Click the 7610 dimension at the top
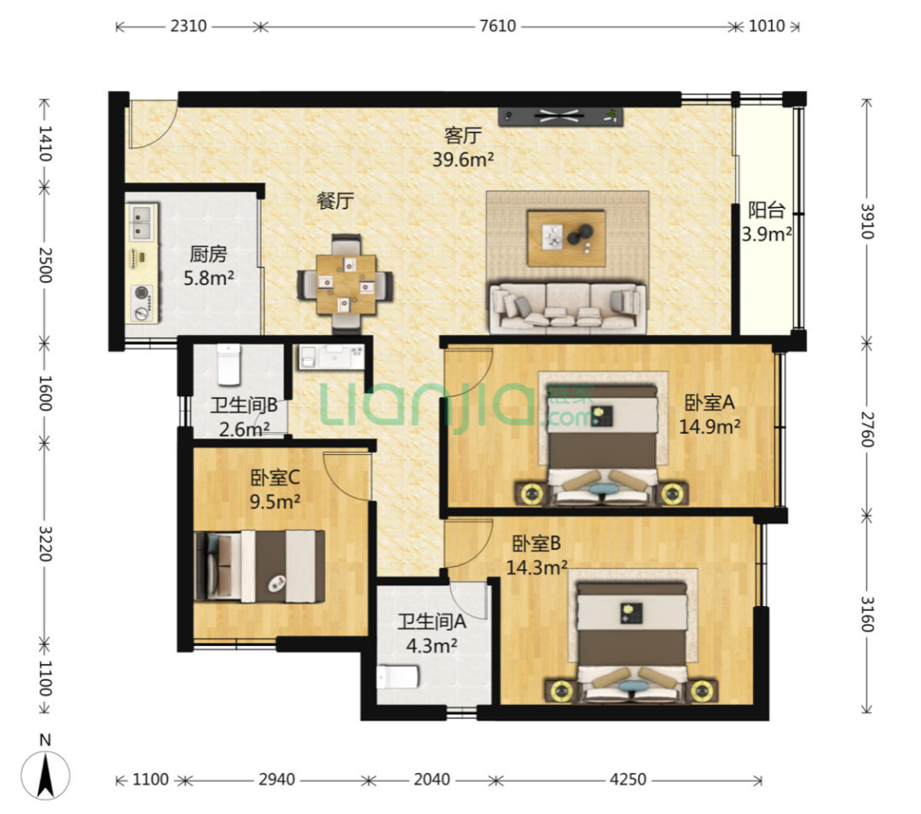click(x=497, y=26)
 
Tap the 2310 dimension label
click(x=188, y=26)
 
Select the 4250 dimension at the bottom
click(x=628, y=779)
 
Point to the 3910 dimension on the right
click(x=867, y=222)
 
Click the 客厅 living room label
click(x=463, y=136)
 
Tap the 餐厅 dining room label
click(x=335, y=201)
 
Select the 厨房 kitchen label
click(x=209, y=254)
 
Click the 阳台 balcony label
click(x=767, y=210)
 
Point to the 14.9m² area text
click(x=710, y=427)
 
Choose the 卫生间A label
click(x=432, y=621)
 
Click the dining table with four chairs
click(x=345, y=284)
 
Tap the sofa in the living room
click(x=567, y=306)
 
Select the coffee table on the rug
click(x=566, y=239)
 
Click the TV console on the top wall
click(x=560, y=116)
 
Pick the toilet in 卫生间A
click(x=397, y=677)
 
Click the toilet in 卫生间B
click(x=229, y=363)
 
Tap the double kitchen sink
click(x=142, y=222)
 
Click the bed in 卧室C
click(x=259, y=566)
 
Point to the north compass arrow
click(x=45, y=776)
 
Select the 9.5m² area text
click(x=275, y=502)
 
